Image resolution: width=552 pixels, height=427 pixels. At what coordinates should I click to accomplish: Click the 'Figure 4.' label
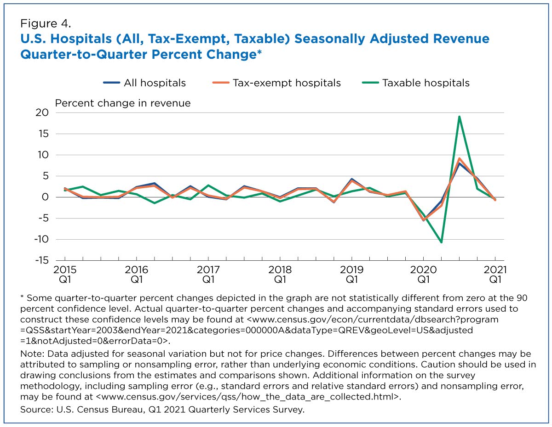[x=46, y=23]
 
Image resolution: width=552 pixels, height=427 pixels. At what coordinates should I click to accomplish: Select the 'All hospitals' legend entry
[x=144, y=83]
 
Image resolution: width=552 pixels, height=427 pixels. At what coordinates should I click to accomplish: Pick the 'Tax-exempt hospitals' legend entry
[x=276, y=83]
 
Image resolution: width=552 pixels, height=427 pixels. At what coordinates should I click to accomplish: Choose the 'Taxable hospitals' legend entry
[x=415, y=83]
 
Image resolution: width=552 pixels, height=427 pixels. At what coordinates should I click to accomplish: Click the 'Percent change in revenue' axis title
[x=123, y=103]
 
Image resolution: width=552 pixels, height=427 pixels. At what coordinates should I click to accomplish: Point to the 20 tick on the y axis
[x=42, y=112]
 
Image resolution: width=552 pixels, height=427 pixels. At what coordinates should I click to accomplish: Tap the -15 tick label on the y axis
[x=41, y=260]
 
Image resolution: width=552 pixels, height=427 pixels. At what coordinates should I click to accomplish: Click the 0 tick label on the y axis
[x=45, y=197]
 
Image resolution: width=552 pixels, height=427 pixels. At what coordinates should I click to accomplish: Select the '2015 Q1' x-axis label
[x=65, y=275]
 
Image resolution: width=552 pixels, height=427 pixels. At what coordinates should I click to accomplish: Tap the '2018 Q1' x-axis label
[x=280, y=275]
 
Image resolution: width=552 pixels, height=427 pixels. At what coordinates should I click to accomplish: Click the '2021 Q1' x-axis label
[x=495, y=275]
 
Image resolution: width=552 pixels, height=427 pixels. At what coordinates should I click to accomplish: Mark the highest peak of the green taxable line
[x=459, y=117]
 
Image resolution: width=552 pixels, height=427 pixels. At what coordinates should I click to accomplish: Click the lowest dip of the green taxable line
[x=441, y=242]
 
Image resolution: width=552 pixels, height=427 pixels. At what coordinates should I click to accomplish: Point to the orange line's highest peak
[x=459, y=159]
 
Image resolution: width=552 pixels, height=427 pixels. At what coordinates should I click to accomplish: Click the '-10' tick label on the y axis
[x=41, y=239]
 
